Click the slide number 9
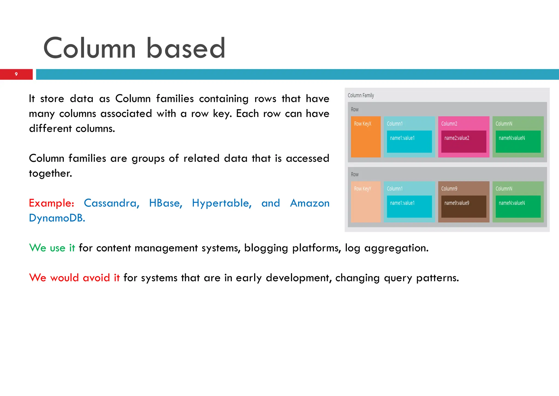point(16,74)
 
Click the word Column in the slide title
point(90,48)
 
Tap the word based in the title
point(186,48)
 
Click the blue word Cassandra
point(111,203)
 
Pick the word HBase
point(165,203)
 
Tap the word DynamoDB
point(57,218)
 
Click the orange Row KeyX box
point(365,137)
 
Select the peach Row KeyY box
point(365,202)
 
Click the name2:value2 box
point(463,141)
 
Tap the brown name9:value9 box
point(463,206)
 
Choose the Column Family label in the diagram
point(361,95)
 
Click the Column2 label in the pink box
point(449,124)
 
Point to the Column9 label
point(449,189)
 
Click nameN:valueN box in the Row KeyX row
point(518,141)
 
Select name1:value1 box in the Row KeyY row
point(409,206)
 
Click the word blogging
point(266,248)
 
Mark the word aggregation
point(396,248)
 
